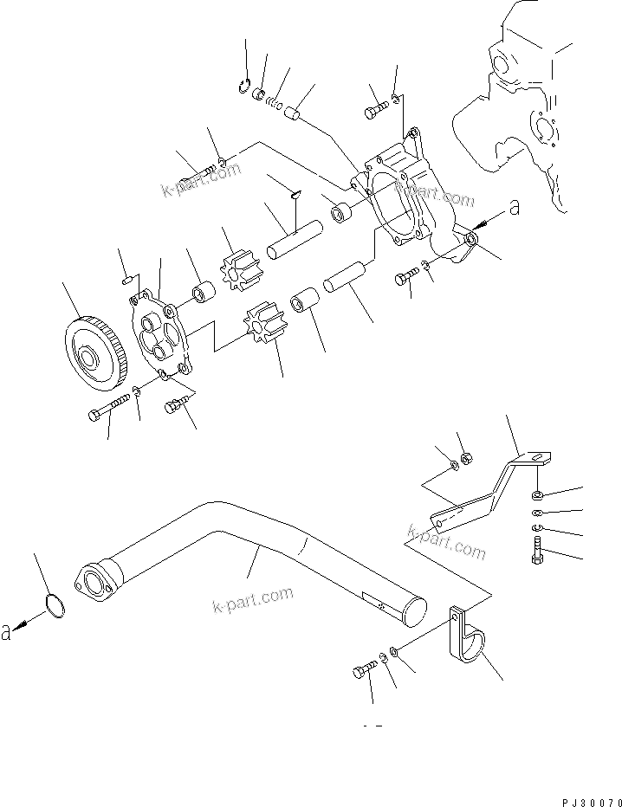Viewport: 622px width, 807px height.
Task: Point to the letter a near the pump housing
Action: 514,207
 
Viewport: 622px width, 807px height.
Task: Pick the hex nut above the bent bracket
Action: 464,457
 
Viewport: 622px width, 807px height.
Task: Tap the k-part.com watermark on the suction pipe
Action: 252,599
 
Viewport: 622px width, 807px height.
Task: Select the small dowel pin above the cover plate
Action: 127,280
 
